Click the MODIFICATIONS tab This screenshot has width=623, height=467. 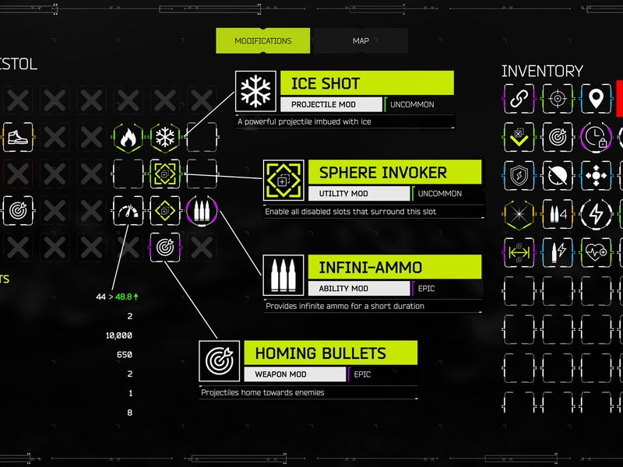262,40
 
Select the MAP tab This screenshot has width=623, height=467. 361,40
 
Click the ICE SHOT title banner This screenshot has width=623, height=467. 367,83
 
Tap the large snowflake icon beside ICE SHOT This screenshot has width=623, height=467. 255,91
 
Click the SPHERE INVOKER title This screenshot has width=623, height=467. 382,173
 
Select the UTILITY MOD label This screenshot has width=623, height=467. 343,193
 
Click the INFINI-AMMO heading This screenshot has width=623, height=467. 371,267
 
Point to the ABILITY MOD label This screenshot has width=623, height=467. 343,288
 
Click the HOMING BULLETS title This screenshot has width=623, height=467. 320,353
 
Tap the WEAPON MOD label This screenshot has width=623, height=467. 280,374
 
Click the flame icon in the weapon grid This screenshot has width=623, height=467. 128,138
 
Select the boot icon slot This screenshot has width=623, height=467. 18,138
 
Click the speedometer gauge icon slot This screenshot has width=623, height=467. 128,211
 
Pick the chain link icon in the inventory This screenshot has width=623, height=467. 519,98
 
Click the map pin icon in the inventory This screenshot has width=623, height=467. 596,98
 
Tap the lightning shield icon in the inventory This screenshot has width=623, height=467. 519,176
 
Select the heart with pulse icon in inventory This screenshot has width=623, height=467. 596,252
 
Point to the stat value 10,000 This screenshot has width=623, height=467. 119,335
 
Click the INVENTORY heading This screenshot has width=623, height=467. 542,71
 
